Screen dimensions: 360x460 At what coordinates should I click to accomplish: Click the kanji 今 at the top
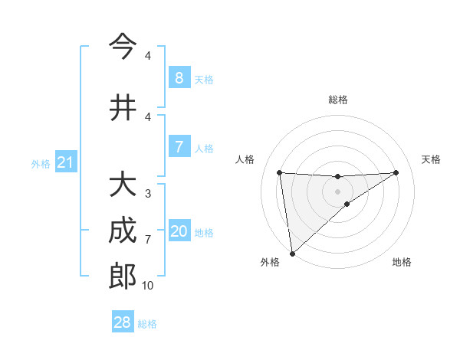pyautogui.click(x=123, y=47)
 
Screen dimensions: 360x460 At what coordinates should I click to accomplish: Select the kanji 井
pyautogui.click(x=123, y=108)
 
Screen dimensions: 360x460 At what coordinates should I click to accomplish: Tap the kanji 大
pyautogui.click(x=123, y=185)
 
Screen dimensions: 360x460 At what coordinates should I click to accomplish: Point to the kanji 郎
pyautogui.click(x=123, y=277)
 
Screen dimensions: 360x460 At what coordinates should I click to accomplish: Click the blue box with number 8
pyautogui.click(x=179, y=77)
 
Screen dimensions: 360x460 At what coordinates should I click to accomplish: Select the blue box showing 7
pyautogui.click(x=179, y=147)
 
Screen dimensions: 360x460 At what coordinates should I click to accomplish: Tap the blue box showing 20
pyautogui.click(x=179, y=231)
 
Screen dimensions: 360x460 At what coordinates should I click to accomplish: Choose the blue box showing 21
pyautogui.click(x=65, y=162)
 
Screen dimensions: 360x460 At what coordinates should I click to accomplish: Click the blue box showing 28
pyautogui.click(x=122, y=322)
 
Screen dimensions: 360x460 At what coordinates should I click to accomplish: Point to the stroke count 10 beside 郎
pyautogui.click(x=147, y=286)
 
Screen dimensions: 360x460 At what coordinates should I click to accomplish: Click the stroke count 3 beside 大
pyautogui.click(x=147, y=194)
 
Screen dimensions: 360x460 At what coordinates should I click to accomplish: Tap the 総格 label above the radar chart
pyautogui.click(x=337, y=100)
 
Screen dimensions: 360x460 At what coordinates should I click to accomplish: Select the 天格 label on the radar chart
pyautogui.click(x=432, y=159)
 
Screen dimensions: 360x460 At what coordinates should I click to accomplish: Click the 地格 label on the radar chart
pyautogui.click(x=402, y=262)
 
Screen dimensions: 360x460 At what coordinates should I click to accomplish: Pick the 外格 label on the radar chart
pyautogui.click(x=270, y=262)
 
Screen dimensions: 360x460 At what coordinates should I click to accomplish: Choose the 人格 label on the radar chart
pyautogui.click(x=245, y=159)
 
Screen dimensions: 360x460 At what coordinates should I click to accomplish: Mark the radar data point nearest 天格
pyautogui.click(x=396, y=172)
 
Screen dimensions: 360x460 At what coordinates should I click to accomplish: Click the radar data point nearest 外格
pyautogui.click(x=291, y=253)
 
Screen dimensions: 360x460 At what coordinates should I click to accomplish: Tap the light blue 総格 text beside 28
pyautogui.click(x=148, y=324)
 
